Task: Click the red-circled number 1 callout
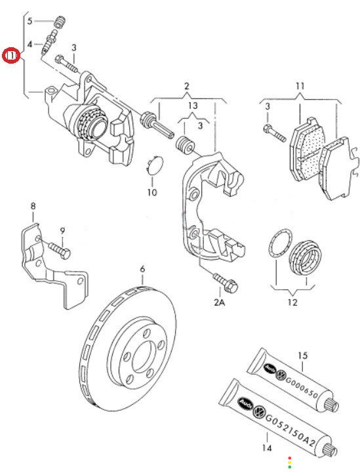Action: pos(11,56)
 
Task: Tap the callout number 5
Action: pos(30,21)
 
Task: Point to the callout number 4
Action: pos(30,45)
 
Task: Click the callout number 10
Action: pos(152,192)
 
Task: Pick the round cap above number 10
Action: pos(154,165)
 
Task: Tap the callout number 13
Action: pos(192,106)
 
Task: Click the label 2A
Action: pos(219,302)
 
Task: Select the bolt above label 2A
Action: pos(226,281)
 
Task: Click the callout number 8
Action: pos(33,206)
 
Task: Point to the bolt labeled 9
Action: pos(60,250)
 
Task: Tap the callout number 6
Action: pos(142,268)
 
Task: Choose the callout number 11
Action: pos(300,87)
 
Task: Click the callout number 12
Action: pos(292,302)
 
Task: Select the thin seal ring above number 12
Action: pos(279,244)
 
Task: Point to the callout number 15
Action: pos(302,356)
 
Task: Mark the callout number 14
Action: pos(267,447)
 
